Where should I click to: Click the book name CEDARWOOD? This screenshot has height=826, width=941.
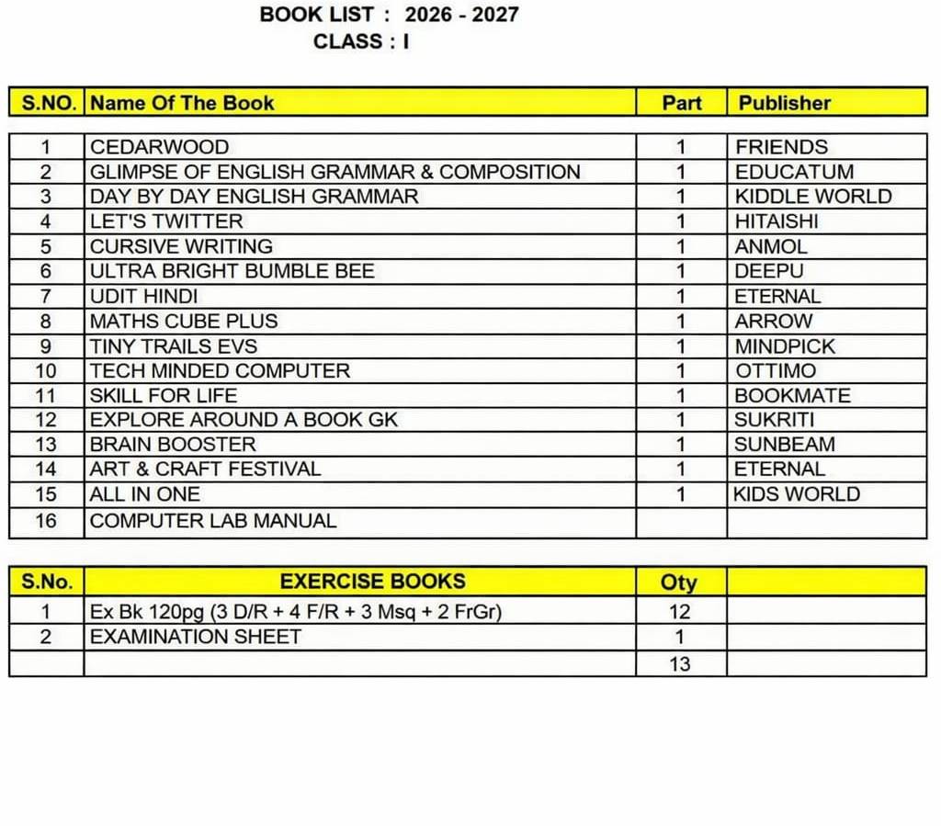coord(159,147)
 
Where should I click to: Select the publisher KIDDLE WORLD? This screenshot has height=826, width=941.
coord(812,197)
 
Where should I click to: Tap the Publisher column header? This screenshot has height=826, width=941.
coord(784,103)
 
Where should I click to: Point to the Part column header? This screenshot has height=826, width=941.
coord(681,103)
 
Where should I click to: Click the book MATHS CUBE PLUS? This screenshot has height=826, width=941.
coord(183,322)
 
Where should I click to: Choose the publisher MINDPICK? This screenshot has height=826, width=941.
coord(785,346)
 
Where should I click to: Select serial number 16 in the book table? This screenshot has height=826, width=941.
coord(46,521)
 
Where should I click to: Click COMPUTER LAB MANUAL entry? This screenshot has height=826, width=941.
coord(213,521)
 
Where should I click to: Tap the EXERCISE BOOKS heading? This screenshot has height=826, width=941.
coord(372,582)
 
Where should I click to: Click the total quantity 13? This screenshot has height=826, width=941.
coord(680,664)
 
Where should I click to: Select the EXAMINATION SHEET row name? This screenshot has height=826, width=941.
coord(195,637)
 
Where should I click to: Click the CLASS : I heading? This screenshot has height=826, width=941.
coord(360,41)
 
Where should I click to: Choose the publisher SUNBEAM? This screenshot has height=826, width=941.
coord(784,445)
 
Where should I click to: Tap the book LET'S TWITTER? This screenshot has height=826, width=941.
coord(166,221)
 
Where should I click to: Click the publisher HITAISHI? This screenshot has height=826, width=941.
coord(776,221)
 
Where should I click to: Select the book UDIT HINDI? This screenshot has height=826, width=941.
coord(143,297)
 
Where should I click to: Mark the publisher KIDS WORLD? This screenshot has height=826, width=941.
coord(796,494)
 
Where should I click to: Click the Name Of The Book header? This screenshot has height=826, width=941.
coord(182,103)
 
